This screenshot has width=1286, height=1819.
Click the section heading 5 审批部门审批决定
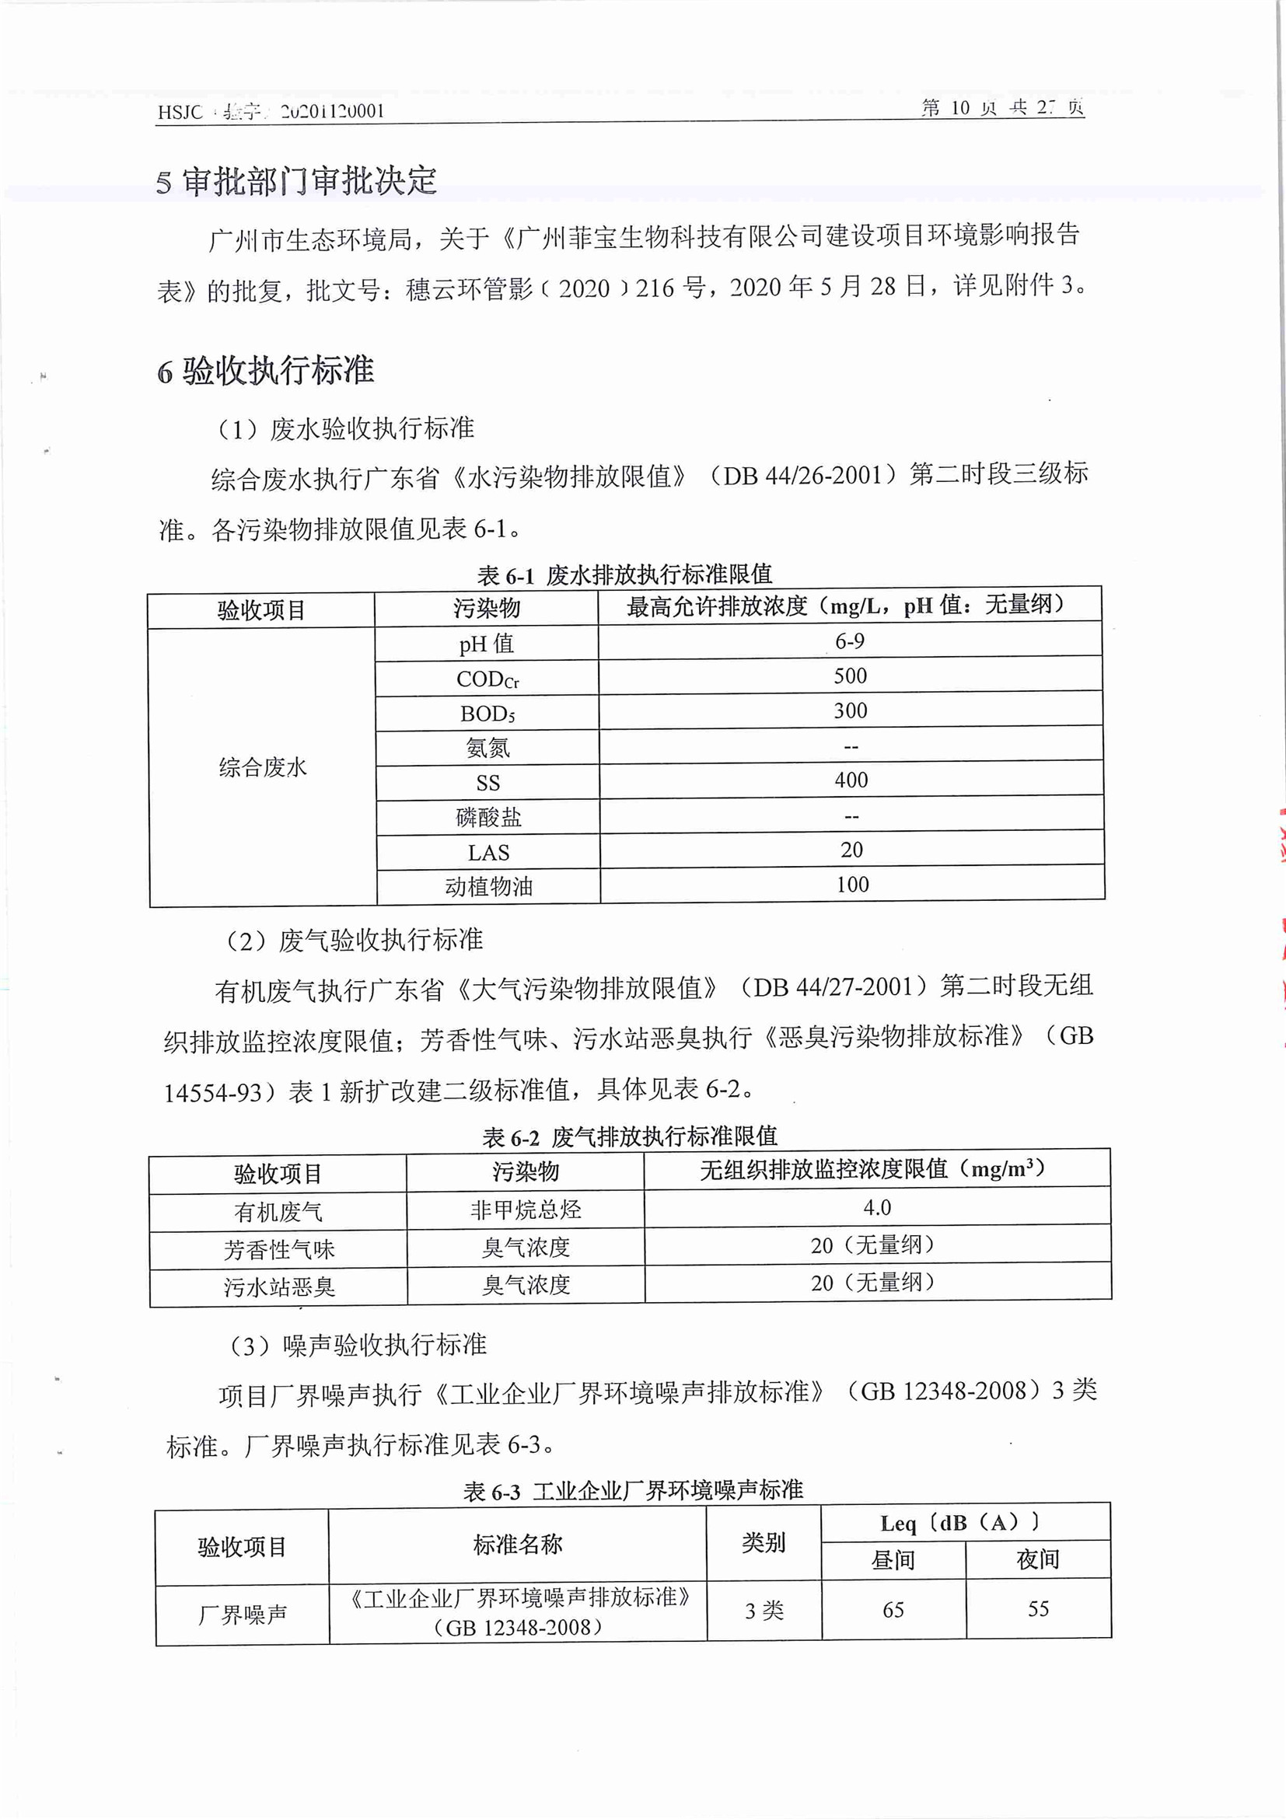point(296,181)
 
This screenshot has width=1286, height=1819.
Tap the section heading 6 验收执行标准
point(265,371)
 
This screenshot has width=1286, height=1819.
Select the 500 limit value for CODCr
point(850,676)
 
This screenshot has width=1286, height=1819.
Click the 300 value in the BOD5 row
point(850,710)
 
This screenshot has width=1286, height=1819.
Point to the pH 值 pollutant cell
point(487,644)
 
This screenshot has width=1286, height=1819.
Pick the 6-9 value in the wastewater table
point(849,641)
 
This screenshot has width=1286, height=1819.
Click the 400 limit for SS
point(851,780)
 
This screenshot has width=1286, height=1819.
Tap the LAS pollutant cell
point(488,853)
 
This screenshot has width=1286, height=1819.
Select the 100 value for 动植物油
point(853,884)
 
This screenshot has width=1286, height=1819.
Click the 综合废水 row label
point(262,767)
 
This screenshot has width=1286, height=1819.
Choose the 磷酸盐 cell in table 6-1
point(488,818)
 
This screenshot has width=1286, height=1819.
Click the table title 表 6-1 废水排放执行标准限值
point(624,574)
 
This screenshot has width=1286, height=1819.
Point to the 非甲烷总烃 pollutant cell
point(526,1210)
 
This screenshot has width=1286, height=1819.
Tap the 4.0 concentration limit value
point(877,1207)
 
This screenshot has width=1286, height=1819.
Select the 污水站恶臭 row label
point(279,1287)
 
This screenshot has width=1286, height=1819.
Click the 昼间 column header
point(893,1560)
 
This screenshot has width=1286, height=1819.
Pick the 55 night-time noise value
point(1038,1609)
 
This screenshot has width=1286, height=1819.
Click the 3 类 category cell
point(764,1611)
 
